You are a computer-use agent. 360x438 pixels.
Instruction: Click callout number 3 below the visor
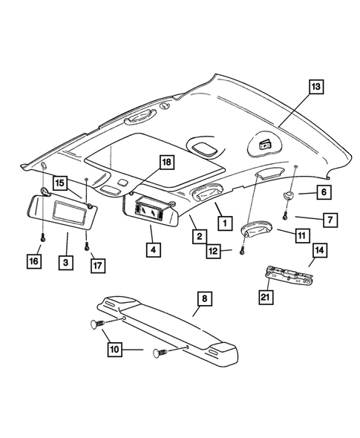tap(66, 262)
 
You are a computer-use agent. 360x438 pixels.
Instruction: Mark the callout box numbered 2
tap(200, 237)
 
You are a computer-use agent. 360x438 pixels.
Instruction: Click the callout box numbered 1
tap(220, 220)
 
